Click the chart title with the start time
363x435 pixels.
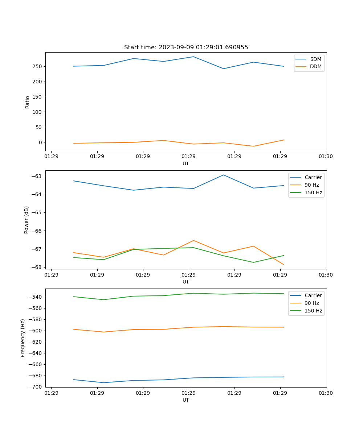pos(186,47)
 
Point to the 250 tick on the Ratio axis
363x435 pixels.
pos(38,66)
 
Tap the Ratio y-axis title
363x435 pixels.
pos(28,102)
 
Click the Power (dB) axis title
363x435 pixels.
pos(26,220)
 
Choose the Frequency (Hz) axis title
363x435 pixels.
pos(23,338)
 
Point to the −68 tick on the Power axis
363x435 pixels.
pos(37,267)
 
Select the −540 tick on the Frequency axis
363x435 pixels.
pos(35,297)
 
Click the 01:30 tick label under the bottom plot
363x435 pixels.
pos(326,393)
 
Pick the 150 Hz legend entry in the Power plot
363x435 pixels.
pos(313,192)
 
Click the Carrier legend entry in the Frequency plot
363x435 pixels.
pos(313,295)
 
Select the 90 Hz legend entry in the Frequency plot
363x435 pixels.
pos(311,303)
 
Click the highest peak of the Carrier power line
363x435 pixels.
pos(224,175)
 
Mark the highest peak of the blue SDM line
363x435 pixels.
pos(193,57)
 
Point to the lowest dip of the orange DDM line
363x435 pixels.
pos(253,146)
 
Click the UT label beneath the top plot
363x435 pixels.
pos(186,163)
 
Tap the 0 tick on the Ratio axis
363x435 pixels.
pos(41,142)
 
